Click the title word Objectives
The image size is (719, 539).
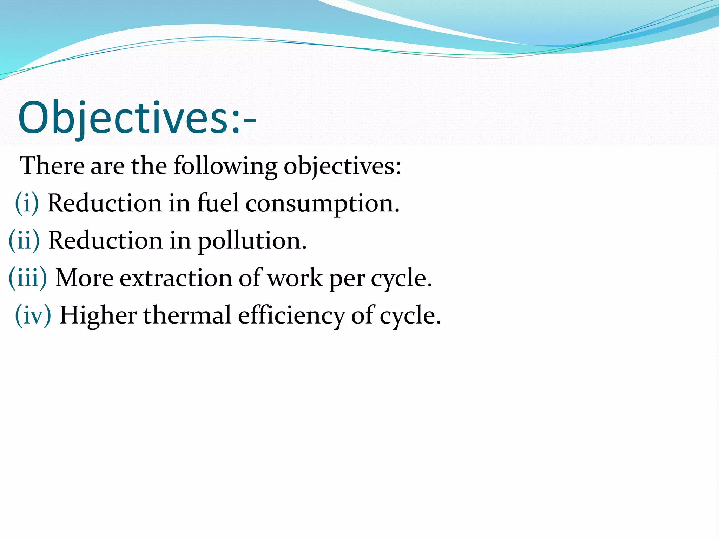(123, 118)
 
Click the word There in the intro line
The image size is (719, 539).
(52, 165)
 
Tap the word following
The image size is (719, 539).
(225, 166)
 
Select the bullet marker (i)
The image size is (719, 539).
(27, 203)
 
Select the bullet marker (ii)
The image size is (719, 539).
(24, 240)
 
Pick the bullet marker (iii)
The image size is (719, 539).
(27, 278)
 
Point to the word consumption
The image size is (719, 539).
(322, 204)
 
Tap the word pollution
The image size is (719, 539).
(252, 241)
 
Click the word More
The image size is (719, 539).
(85, 278)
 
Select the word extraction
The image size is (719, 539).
(176, 278)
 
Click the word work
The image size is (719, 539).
(294, 278)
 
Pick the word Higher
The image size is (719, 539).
(98, 315)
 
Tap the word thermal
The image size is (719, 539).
(187, 315)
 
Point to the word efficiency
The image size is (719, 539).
(291, 315)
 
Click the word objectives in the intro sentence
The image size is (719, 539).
(342, 166)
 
